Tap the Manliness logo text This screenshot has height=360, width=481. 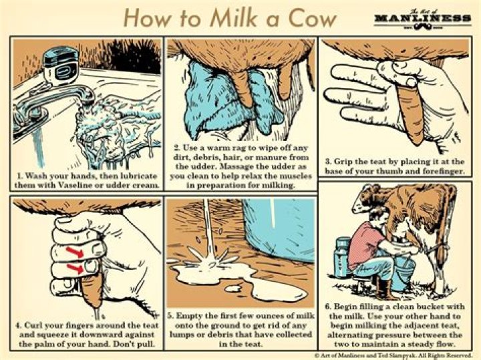click(x=423, y=17)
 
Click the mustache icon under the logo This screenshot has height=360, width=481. click(x=423, y=27)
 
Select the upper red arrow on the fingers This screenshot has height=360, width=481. click(x=75, y=252)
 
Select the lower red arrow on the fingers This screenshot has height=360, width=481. click(x=75, y=269)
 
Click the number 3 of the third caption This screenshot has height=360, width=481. click(x=327, y=161)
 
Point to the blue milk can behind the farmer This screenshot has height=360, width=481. click(x=342, y=257)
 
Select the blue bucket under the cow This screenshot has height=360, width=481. click(x=404, y=274)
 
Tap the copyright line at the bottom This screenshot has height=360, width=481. click(x=393, y=355)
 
